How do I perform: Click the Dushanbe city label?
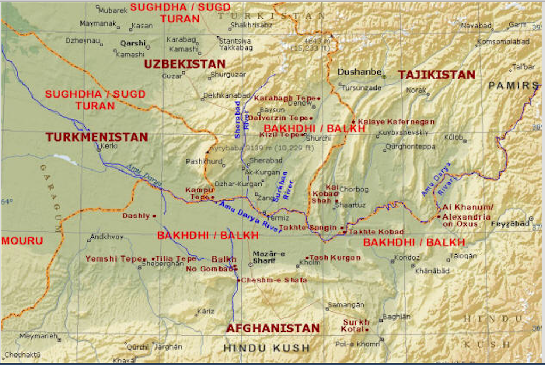pos(360,71)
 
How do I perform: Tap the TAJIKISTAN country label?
pos(436,75)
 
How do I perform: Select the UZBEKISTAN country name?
pos(184,64)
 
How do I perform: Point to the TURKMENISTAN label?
pos(96,137)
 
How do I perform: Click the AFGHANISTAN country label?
pos(273,328)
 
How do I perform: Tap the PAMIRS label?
pos(514,85)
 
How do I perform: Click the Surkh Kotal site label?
pos(356,326)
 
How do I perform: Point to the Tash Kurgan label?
pos(335,257)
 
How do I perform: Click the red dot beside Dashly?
pos(154,216)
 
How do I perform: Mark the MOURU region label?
pos(21,241)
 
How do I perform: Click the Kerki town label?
pos(109,145)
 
